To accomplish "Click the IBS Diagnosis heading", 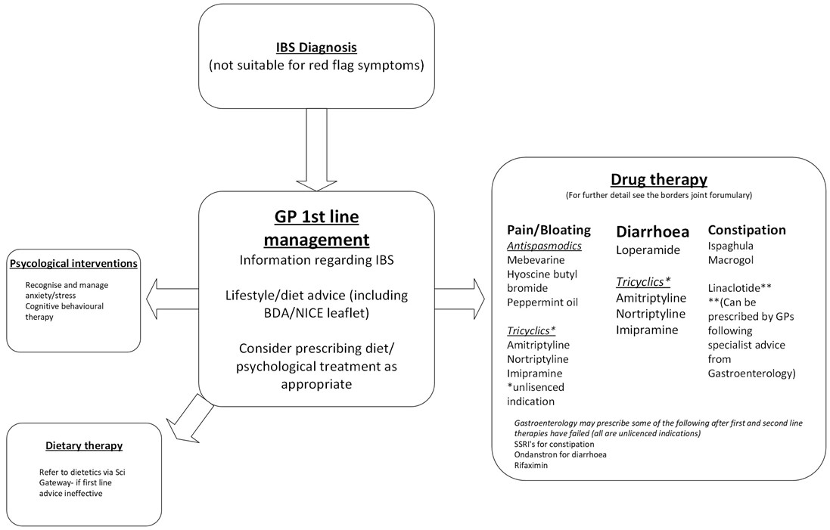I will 316,47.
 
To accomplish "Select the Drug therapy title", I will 659,179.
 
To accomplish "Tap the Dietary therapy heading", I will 84,446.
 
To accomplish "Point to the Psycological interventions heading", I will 73,263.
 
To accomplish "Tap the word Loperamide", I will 649,250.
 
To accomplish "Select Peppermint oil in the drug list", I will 542,302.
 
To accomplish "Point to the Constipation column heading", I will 747,230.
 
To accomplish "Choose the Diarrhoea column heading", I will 653,231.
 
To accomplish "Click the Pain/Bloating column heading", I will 549,230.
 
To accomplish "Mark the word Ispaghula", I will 731,246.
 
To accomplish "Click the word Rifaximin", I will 530,466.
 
